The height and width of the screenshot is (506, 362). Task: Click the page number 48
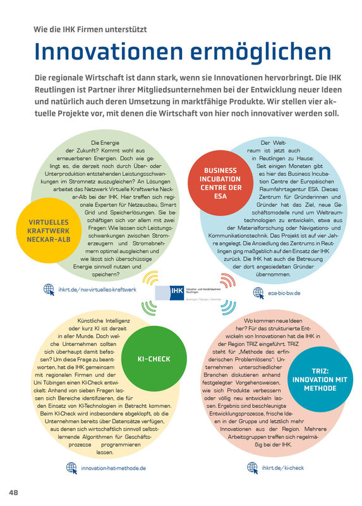click(x=13, y=492)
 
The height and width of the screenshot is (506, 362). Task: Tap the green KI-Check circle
click(x=154, y=359)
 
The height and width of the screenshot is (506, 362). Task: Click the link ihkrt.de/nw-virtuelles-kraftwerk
click(x=97, y=290)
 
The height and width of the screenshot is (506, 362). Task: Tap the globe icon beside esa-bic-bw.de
click(x=258, y=292)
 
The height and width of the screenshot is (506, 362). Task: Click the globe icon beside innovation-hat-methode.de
click(x=71, y=467)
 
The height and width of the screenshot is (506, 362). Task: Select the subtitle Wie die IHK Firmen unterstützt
click(x=94, y=28)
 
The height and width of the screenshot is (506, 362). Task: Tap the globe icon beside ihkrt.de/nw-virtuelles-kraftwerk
click(x=49, y=289)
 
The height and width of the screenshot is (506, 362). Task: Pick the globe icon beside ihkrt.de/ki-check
click(x=252, y=467)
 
